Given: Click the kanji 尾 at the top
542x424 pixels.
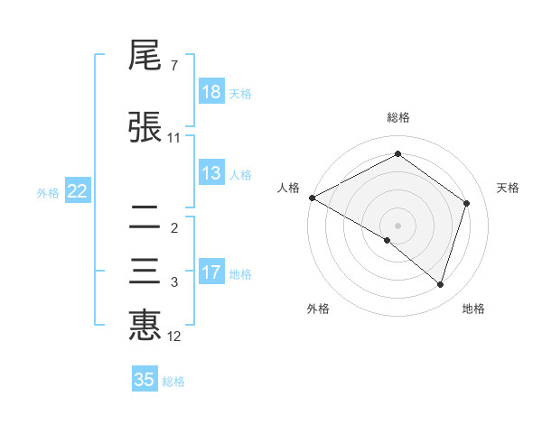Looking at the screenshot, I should tap(145, 57).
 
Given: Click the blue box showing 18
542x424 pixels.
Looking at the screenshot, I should tap(211, 92).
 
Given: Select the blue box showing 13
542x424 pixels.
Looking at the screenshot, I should tap(211, 173).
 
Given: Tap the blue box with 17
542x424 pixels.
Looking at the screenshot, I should tap(211, 272).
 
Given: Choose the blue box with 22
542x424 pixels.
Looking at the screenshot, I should tap(77, 191).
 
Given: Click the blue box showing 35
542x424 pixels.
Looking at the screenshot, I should tap(145, 380).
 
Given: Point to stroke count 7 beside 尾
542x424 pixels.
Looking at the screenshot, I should tap(173, 66).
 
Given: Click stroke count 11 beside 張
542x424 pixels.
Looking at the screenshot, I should tap(174, 137).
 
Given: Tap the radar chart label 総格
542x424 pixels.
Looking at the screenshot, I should tap(397, 117).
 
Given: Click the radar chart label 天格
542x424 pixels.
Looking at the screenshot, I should tap(509, 188).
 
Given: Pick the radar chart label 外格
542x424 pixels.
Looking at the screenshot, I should tap(318, 309).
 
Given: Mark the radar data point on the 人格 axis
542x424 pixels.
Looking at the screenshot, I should tap(312, 198).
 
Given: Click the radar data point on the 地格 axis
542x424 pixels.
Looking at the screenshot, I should tap(440, 284).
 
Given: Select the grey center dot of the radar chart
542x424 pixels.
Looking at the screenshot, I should tap(397, 225).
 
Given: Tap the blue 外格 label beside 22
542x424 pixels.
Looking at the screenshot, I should tap(47, 192).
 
